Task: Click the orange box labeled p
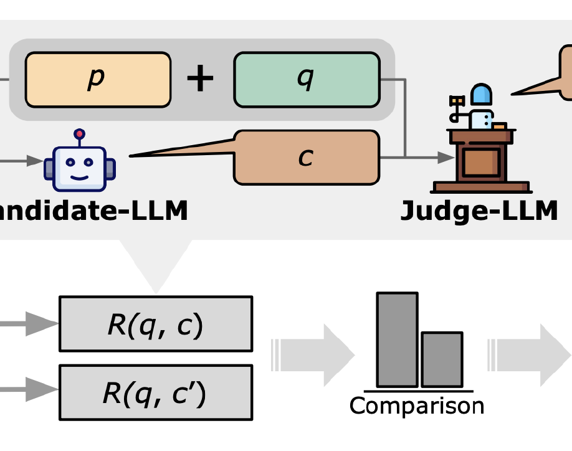97,80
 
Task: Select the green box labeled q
307,80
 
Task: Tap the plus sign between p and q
200,80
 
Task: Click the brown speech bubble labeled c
306,158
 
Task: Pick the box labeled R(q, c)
155,324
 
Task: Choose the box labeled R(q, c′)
155,392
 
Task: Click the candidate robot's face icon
79,166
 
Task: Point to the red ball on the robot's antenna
79,133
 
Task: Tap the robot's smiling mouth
79,174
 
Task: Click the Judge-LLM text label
479,211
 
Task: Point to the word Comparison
417,406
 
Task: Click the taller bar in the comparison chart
397,339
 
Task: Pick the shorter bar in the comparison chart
442,359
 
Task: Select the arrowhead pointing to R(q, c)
44,324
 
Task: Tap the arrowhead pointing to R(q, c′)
44,391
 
